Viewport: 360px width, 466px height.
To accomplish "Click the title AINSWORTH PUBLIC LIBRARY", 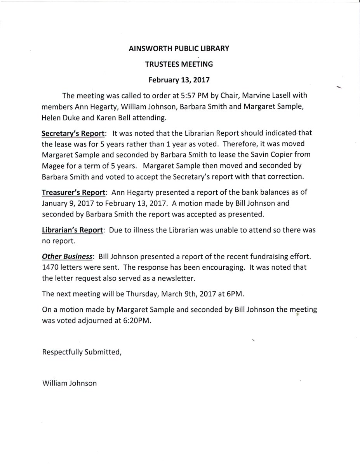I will tap(179, 49).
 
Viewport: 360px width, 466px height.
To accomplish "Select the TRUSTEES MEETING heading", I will tap(179, 65).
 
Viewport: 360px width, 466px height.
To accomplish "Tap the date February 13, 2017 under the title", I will tap(179, 80).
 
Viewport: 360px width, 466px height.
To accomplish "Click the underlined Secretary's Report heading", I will tap(73, 133).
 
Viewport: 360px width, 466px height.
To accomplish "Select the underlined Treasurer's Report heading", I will tap(73, 193).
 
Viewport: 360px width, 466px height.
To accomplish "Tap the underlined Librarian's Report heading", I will tap(72, 230).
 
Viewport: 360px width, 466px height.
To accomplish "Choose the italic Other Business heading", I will tap(67, 257).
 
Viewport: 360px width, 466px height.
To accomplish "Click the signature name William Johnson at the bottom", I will tap(69, 383).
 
